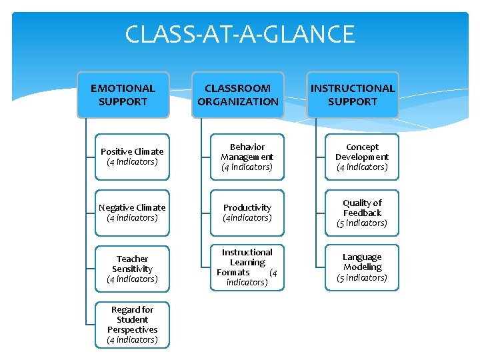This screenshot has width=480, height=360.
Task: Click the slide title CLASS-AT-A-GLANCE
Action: click(x=240, y=34)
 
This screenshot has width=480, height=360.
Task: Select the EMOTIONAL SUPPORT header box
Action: click(x=123, y=95)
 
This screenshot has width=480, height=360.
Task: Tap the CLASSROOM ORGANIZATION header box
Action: click(x=238, y=95)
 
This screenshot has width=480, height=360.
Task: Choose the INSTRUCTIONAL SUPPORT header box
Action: click(x=353, y=95)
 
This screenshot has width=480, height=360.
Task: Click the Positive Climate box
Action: click(x=132, y=157)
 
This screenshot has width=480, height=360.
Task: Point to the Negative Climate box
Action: click(x=132, y=213)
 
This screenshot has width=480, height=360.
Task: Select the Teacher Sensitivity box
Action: click(x=132, y=269)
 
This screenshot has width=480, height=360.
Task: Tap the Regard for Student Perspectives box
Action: click(x=132, y=325)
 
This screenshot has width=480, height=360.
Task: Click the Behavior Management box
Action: click(x=247, y=157)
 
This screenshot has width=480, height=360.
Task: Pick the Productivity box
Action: click(x=247, y=213)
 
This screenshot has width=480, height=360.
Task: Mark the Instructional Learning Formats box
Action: click(x=247, y=267)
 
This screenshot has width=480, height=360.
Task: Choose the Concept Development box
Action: click(x=362, y=157)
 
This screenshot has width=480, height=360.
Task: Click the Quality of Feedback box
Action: click(x=362, y=213)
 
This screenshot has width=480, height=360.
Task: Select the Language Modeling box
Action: click(x=362, y=267)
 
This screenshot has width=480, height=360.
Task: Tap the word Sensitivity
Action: click(x=132, y=269)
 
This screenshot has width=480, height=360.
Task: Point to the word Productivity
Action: click(x=247, y=208)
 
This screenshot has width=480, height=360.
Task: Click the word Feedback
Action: click(x=362, y=213)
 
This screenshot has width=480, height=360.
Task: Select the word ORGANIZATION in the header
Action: click(x=238, y=102)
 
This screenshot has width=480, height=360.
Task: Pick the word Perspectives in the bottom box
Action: click(x=132, y=330)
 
